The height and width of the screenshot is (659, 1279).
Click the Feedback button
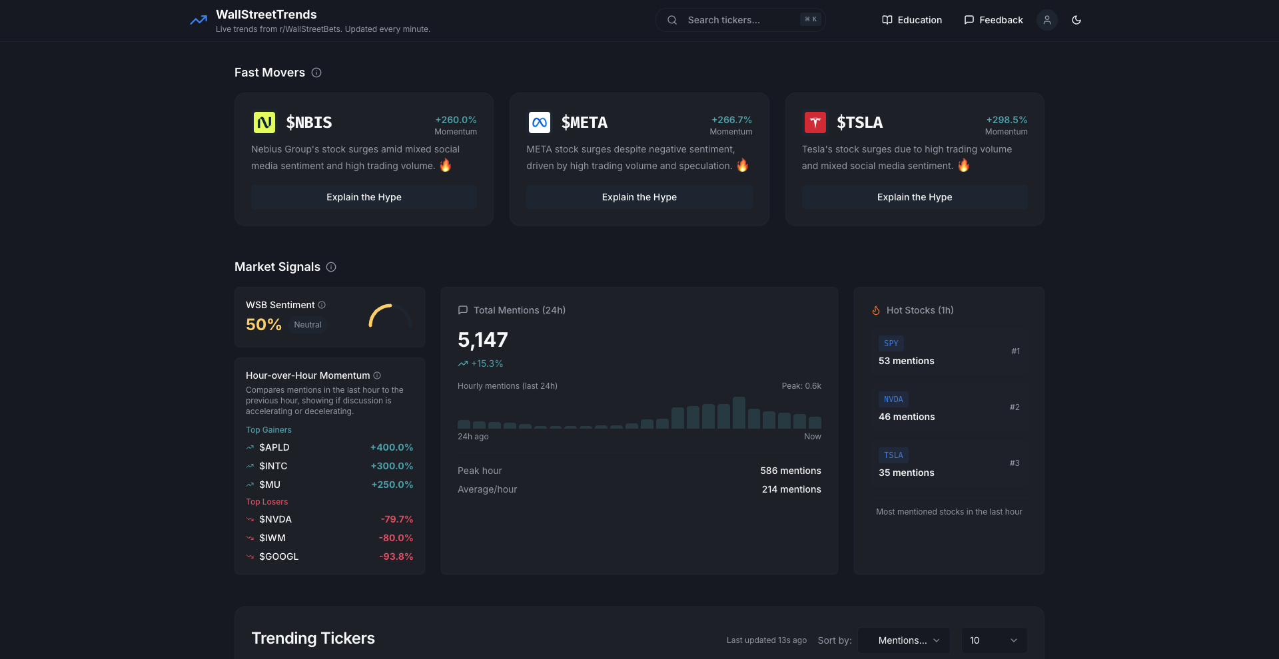pyautogui.click(x=993, y=20)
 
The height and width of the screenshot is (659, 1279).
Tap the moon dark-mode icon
pyautogui.click(x=1076, y=20)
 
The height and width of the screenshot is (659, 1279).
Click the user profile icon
pyautogui.click(x=1047, y=20)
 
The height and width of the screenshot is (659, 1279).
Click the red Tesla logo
pyautogui.click(x=815, y=122)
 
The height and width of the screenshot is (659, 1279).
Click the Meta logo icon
pyautogui.click(x=539, y=122)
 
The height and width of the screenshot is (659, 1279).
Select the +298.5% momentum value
pyautogui.click(x=1007, y=120)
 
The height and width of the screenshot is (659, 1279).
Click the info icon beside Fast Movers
pyautogui.click(x=316, y=73)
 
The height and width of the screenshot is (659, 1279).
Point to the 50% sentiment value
pyautogui.click(x=264, y=325)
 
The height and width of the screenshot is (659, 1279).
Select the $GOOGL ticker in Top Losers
pyautogui.click(x=278, y=556)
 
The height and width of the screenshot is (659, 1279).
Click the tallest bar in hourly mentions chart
pyautogui.click(x=738, y=413)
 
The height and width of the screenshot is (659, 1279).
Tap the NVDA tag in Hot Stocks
pyautogui.click(x=893, y=399)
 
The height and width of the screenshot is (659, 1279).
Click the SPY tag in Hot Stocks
pyautogui.click(x=891, y=343)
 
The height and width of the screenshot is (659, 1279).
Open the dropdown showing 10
pyautogui.click(x=993, y=640)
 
